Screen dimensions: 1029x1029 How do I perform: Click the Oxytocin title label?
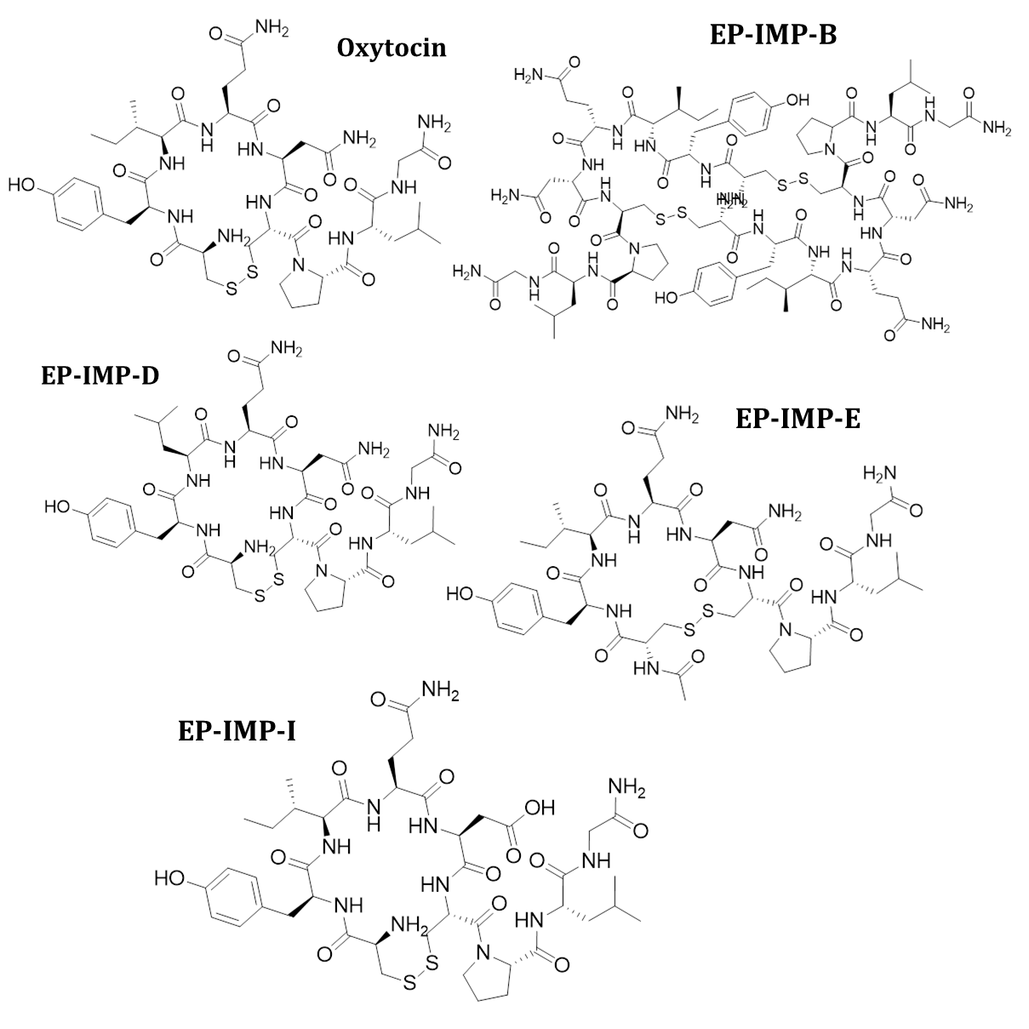392,47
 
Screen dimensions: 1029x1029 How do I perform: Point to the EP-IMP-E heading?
797,418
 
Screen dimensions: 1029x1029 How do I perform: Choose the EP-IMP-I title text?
237,729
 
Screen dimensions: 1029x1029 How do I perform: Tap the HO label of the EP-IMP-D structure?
58,507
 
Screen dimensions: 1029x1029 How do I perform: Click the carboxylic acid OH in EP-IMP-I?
540,807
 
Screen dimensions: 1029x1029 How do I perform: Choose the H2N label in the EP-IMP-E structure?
880,473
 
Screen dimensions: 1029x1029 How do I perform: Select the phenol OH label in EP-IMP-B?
797,100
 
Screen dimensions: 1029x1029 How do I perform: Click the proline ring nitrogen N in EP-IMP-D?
321,571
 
